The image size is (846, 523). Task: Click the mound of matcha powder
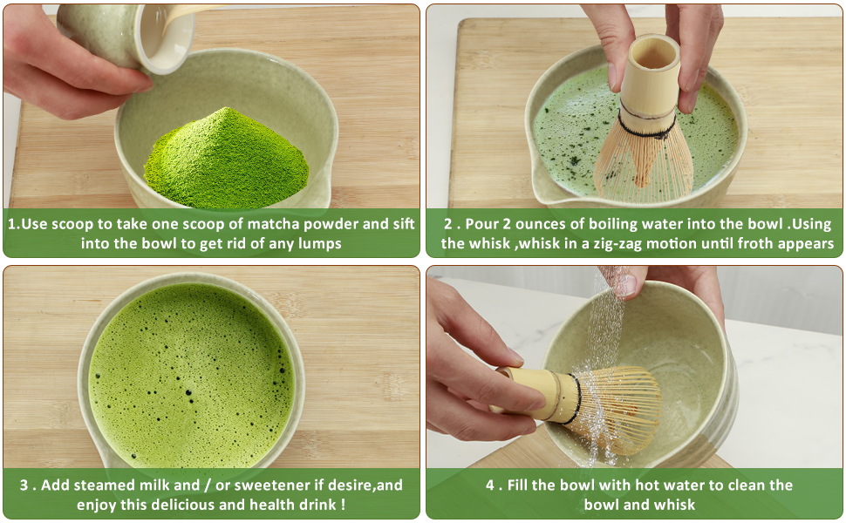(227, 161)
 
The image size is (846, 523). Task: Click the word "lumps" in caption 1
(318, 243)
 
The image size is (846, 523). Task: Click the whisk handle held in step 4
(532, 392)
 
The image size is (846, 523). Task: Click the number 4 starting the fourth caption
(490, 484)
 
